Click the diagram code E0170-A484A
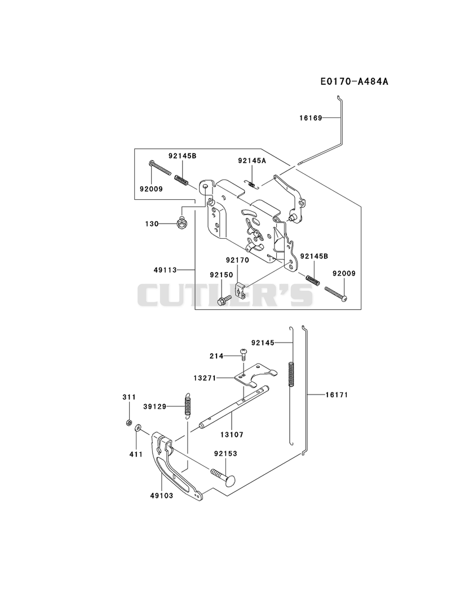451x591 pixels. click(x=354, y=81)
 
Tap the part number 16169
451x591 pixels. click(x=311, y=118)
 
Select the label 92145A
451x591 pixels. click(x=252, y=160)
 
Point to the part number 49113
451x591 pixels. click(x=165, y=270)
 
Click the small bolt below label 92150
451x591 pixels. click(x=224, y=300)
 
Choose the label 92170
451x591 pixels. click(x=237, y=260)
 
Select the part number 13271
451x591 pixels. click(x=205, y=378)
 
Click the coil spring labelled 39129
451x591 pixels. click(x=188, y=406)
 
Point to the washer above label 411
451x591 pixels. click(x=139, y=427)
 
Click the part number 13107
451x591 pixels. click(x=232, y=435)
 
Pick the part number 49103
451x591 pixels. click(x=161, y=496)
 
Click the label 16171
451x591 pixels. click(x=337, y=395)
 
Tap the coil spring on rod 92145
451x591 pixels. click(x=291, y=374)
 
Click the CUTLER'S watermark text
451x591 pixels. click(x=225, y=295)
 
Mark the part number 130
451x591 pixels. click(x=152, y=224)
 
